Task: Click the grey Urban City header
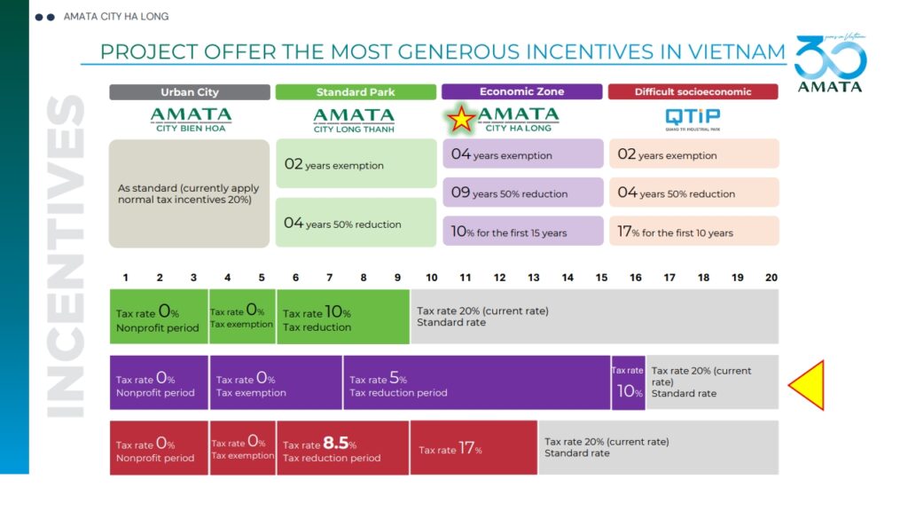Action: pos(190,92)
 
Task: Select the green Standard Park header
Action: pos(356,92)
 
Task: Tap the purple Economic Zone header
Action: pos(521,92)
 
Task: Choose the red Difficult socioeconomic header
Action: pos(693,92)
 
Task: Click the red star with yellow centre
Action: pos(461,118)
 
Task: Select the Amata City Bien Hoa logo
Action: pos(191,120)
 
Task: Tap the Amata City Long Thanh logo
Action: pos(354,120)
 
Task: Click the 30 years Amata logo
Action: pos(830,65)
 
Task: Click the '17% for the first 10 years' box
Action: pos(693,232)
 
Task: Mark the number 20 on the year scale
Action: pos(771,278)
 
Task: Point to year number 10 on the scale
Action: pos(431,278)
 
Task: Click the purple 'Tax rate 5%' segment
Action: pos(476,384)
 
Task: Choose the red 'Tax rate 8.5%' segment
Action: pos(342,448)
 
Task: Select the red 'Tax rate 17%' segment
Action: pos(474,448)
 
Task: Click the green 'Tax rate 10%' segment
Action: pos(342,317)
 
